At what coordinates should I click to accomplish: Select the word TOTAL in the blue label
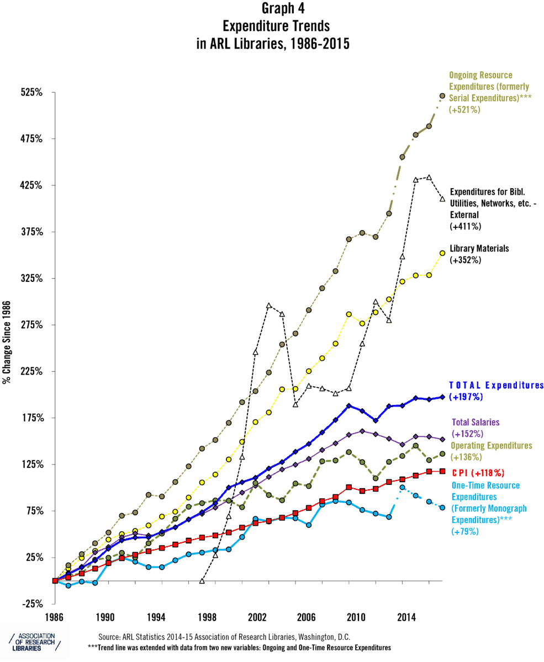tap(466, 386)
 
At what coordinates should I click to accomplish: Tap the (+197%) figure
tap(466, 397)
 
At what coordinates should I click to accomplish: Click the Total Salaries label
tap(476, 423)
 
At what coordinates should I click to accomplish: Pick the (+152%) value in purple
tap(467, 434)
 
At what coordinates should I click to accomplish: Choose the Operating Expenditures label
tap(491, 446)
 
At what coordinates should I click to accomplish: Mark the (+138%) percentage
tap(467, 457)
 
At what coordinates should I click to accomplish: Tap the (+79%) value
tap(465, 531)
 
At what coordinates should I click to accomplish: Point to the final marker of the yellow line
tap(442, 253)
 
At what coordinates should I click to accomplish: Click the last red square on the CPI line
tap(442, 471)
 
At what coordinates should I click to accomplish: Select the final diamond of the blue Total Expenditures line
tap(442, 397)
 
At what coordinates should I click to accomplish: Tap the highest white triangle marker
tap(429, 178)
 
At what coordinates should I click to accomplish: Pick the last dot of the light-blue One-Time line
tap(442, 507)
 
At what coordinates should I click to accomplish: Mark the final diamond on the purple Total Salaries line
tap(442, 439)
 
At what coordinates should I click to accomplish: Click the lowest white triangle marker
tap(202, 581)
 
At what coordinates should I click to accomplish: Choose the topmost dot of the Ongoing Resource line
tap(442, 96)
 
